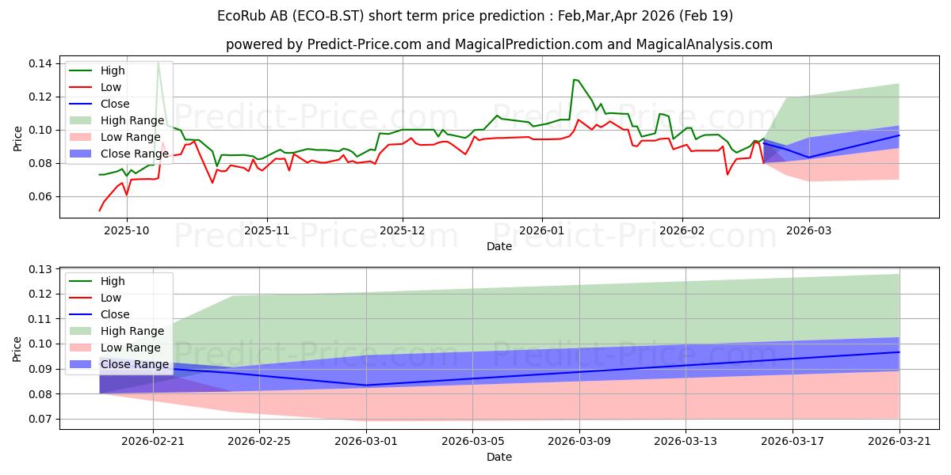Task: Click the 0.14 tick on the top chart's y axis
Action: coord(40,63)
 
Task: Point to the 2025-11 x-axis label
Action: coord(266,230)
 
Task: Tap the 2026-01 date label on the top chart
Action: coord(542,230)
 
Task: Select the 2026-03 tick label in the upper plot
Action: coord(809,230)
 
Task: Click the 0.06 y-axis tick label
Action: coord(40,197)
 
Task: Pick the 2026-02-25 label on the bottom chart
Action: coord(259,442)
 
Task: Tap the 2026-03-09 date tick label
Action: coord(579,442)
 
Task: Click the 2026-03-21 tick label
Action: coord(899,442)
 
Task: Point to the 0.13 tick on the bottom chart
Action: coord(40,269)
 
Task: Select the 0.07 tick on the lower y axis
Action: coord(40,419)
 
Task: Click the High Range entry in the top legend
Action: coord(116,120)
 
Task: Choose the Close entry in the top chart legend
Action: coord(99,104)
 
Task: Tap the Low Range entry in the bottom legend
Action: coord(115,348)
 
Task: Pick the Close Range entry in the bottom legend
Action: coord(119,364)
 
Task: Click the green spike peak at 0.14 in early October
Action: coord(158,63)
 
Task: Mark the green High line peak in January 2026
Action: coord(574,79)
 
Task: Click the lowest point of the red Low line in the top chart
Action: coord(100,211)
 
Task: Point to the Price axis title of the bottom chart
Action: coord(17,349)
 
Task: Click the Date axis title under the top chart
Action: coord(499,246)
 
